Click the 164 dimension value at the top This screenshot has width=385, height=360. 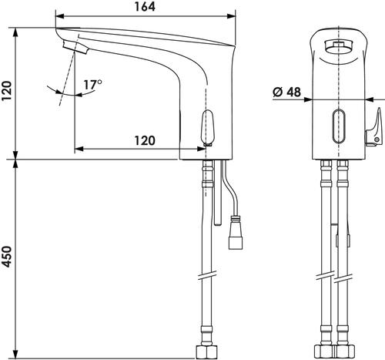click(145, 7)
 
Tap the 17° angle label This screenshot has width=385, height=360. click(93, 85)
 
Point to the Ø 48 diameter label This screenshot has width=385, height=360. click(286, 92)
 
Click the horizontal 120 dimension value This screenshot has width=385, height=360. click(145, 140)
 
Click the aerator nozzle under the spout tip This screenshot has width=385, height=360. click(75, 47)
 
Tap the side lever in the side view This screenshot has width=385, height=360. click(207, 127)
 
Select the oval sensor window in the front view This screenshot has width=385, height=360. click(339, 126)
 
